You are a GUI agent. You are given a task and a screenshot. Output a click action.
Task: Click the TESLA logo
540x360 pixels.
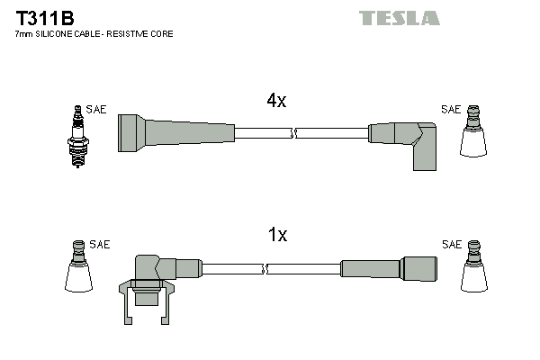(x=399, y=18)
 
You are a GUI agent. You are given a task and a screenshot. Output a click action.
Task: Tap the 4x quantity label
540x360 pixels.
(x=276, y=102)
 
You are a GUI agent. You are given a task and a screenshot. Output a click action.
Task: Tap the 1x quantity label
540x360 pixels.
(x=277, y=236)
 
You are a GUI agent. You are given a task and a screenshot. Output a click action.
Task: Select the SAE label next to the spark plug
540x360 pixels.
(x=96, y=110)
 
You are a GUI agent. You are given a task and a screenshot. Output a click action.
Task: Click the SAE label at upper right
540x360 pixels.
(x=450, y=110)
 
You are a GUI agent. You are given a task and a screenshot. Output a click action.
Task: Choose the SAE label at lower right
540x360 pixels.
(x=451, y=245)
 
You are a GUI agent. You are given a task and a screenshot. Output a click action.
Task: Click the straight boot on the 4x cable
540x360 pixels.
(x=175, y=132)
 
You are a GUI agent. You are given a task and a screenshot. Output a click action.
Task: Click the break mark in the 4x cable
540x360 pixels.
(x=294, y=133)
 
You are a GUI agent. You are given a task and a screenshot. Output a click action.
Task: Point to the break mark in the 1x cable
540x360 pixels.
(x=265, y=268)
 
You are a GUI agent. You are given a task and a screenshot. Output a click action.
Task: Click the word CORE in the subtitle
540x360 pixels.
(x=162, y=33)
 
